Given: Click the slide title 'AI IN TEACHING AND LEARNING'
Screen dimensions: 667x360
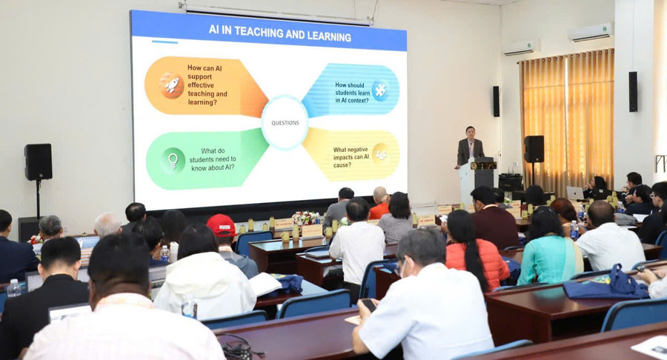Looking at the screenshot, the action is tap(279, 33).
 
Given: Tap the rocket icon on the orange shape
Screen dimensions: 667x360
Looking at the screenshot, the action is tap(172, 85).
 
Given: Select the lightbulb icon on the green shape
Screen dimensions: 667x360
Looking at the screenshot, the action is tap(173, 161).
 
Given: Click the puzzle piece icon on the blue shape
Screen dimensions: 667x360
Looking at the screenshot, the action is tap(380, 90).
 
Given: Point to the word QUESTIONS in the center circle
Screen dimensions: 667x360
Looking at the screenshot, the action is tap(285, 123).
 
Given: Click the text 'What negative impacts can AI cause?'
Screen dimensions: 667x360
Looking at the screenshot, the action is tap(351, 157).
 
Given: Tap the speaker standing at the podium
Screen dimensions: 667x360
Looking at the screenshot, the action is tap(470, 147).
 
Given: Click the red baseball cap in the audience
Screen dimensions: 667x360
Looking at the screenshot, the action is tap(221, 225).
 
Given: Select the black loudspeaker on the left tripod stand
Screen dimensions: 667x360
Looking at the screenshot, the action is tap(39, 161).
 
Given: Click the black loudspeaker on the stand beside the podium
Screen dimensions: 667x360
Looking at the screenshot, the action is tap(534, 149).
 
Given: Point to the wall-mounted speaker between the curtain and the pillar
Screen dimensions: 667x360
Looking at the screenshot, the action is tap(633, 91).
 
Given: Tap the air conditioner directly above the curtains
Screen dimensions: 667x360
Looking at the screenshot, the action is tap(591, 33).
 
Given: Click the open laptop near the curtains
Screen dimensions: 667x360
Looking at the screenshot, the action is tap(574, 193).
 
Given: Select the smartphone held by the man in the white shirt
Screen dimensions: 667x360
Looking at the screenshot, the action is tap(369, 304).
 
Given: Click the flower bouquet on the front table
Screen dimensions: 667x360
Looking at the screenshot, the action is tap(305, 218).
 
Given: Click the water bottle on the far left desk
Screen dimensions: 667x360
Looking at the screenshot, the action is tap(13, 288).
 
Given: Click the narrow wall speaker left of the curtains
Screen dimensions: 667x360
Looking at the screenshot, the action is tap(496, 101).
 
